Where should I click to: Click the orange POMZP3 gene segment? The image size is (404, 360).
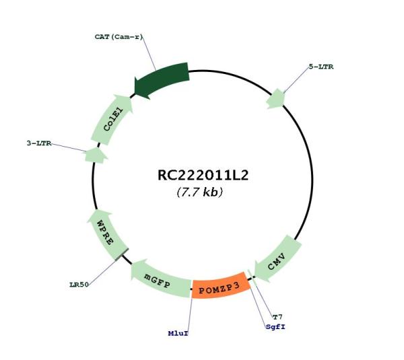tap(221, 285)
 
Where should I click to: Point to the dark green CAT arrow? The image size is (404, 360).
tap(162, 79)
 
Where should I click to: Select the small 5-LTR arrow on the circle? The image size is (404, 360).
tap(276, 99)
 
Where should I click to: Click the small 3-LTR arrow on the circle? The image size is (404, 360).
tap(96, 155)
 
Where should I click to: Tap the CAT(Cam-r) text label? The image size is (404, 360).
tap(119, 37)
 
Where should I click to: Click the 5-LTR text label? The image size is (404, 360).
tap(321, 67)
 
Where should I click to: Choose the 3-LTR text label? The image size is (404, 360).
tap(39, 143)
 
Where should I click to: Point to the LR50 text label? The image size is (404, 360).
tap(79, 285)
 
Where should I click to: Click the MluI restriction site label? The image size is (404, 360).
tap(178, 334)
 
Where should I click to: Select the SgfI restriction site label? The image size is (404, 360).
tap(275, 327)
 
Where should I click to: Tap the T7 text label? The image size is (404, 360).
tap(277, 317)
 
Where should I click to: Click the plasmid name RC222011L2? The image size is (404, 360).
tap(203, 176)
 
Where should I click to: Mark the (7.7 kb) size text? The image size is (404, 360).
tap(200, 192)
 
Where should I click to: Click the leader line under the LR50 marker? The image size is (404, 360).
tap(102, 273)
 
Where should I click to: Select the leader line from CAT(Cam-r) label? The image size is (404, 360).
tap(149, 53)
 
